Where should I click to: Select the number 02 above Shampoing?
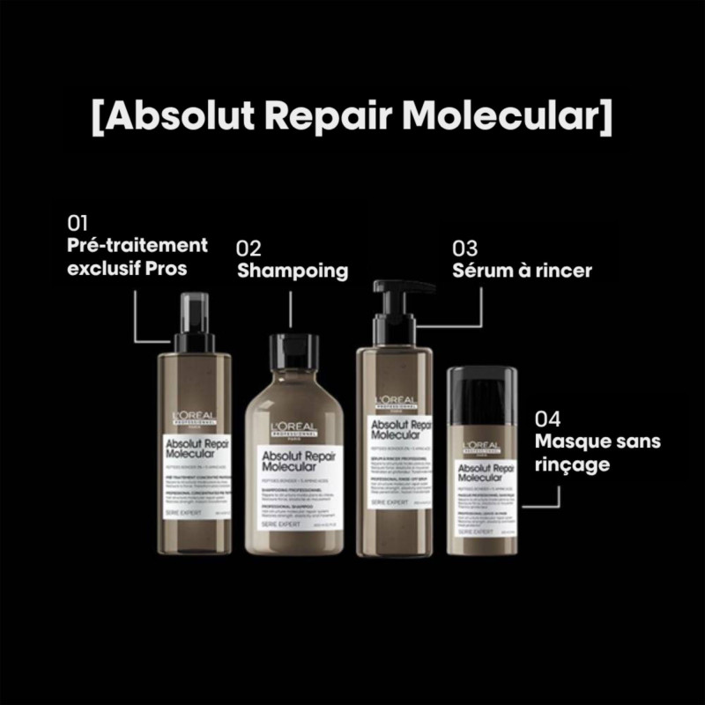[249, 249]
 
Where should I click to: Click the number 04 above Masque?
[547, 419]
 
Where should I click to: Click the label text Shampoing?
[292, 271]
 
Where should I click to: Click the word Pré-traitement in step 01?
[137, 245]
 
